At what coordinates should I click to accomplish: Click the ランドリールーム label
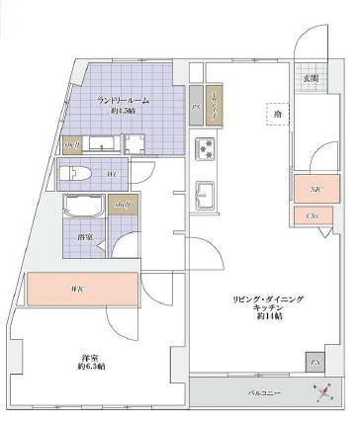pyautogui.click(x=123, y=100)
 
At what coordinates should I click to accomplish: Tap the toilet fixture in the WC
pyautogui.click(x=77, y=176)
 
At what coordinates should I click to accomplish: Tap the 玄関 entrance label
pyautogui.click(x=311, y=77)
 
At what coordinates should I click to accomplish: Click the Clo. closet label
pyautogui.click(x=312, y=215)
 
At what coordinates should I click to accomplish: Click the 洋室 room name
pyautogui.click(x=91, y=357)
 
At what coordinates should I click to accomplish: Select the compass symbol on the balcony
pyautogui.click(x=323, y=393)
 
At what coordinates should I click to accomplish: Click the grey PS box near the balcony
pyautogui.click(x=315, y=363)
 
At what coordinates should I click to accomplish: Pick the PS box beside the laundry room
pyautogui.click(x=196, y=107)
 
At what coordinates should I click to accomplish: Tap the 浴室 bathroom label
pyautogui.click(x=85, y=237)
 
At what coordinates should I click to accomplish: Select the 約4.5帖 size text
pyautogui.click(x=123, y=111)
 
